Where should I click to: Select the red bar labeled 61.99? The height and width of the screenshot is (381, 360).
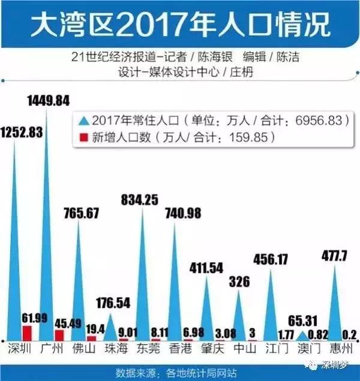click(x=26, y=333)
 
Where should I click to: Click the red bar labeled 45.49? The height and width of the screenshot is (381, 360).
click(x=59, y=335)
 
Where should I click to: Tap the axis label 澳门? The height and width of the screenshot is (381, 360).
click(x=308, y=348)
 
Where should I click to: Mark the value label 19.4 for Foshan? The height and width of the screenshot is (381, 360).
click(x=92, y=327)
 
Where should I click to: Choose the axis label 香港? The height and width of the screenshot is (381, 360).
click(x=178, y=348)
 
